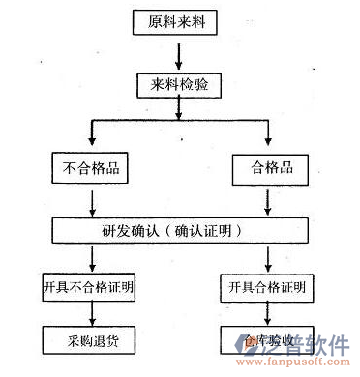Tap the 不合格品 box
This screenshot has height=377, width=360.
pos(90,170)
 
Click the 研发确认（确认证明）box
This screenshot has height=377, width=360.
pos(178,230)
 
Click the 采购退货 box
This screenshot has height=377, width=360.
pos(90,341)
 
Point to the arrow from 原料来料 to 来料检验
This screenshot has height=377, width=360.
pos(178,54)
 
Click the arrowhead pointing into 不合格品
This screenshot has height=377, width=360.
pos(90,146)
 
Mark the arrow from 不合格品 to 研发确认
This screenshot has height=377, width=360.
pos(90,201)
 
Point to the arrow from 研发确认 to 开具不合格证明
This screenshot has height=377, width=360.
pos(90,257)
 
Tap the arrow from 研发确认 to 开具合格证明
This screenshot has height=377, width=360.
pos(268,257)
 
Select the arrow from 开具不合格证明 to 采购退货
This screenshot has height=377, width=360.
pos(90,313)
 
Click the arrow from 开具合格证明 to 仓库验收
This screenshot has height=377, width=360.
pos(268,313)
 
